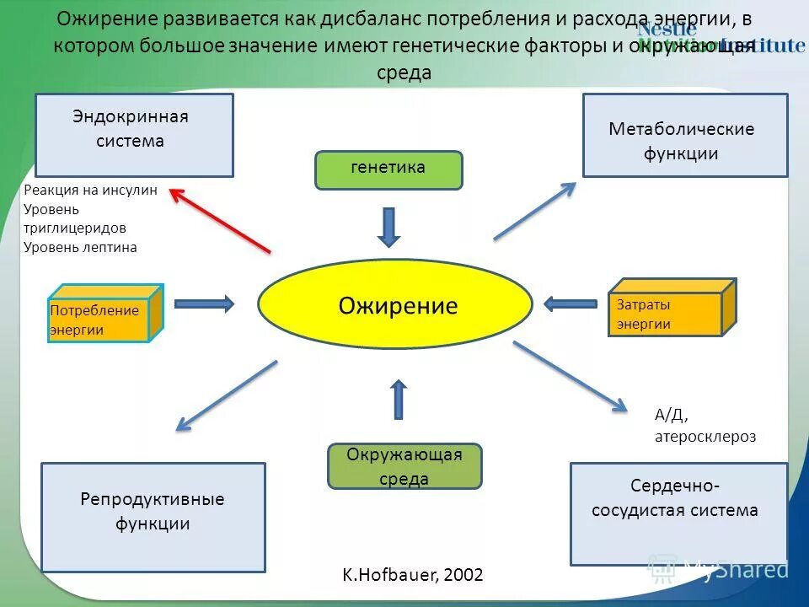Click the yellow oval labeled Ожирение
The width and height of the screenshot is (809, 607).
coord(394,304)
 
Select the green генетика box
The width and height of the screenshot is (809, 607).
coord(388,169)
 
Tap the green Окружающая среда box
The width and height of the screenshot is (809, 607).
coord(404,466)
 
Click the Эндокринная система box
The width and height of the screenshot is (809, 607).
coord(134,135)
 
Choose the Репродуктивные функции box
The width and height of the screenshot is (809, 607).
coord(153,517)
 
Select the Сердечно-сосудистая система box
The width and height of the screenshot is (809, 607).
coord(678,513)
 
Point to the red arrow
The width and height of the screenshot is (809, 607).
coord(220,219)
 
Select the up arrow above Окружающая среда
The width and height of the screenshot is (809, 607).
coord(399,400)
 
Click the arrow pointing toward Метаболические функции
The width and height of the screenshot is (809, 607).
coord(535,211)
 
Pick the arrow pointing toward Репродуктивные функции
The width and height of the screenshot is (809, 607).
coord(227,395)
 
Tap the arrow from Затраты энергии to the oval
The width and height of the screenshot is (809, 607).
coord(571,303)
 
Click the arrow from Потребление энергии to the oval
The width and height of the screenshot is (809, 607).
coord(204,303)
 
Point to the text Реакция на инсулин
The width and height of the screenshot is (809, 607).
coord(90,191)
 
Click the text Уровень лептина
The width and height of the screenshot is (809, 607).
coord(80,247)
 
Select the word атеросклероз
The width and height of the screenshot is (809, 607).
coord(705,437)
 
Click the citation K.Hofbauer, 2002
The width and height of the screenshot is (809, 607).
coord(413,575)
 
